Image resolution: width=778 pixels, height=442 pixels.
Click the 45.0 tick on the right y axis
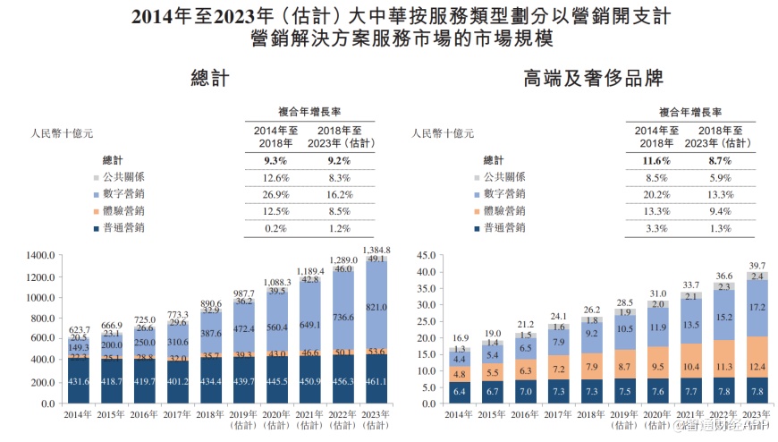coord(424,255)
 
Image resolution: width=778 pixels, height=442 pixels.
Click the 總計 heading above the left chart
coord(210,81)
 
